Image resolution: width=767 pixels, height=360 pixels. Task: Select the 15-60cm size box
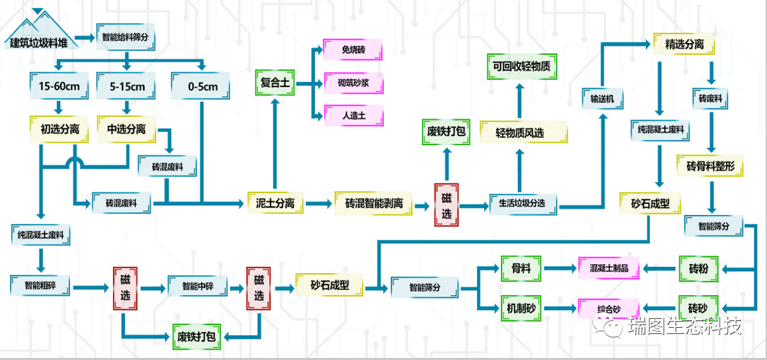58,86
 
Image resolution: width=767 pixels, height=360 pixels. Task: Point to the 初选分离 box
59,129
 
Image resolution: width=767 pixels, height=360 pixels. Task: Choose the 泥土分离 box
274,203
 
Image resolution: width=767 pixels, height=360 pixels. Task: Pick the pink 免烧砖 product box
353,51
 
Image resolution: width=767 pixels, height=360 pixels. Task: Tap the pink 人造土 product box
353,115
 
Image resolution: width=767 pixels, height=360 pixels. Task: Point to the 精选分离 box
684,45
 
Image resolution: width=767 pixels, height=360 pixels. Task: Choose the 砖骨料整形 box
709,166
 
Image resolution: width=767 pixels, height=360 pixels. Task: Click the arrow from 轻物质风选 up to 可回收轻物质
519,101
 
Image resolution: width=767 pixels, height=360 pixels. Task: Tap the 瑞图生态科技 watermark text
684,327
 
